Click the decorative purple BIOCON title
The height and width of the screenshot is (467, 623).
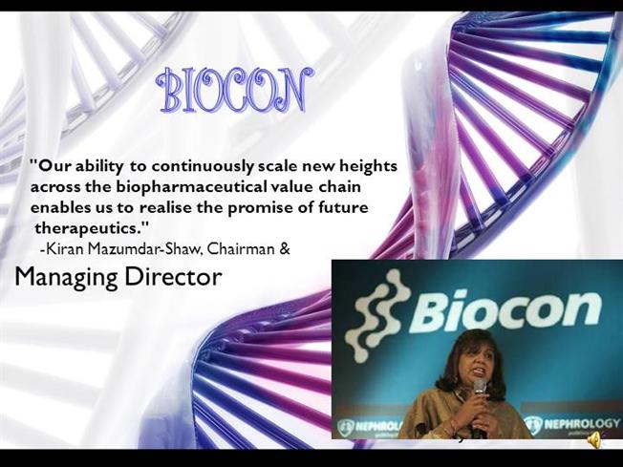[235, 90]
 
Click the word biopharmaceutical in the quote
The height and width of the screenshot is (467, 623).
[191, 187]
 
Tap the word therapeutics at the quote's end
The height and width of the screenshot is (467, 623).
[89, 228]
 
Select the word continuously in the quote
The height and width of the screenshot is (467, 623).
[203, 166]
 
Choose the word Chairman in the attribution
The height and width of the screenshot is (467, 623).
[241, 248]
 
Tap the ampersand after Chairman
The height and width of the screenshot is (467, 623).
[285, 249]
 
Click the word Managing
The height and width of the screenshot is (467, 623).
[66, 278]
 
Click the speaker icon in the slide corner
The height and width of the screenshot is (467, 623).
[594, 440]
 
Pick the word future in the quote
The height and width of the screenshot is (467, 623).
[344, 207]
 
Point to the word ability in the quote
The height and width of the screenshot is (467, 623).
[98, 167]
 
